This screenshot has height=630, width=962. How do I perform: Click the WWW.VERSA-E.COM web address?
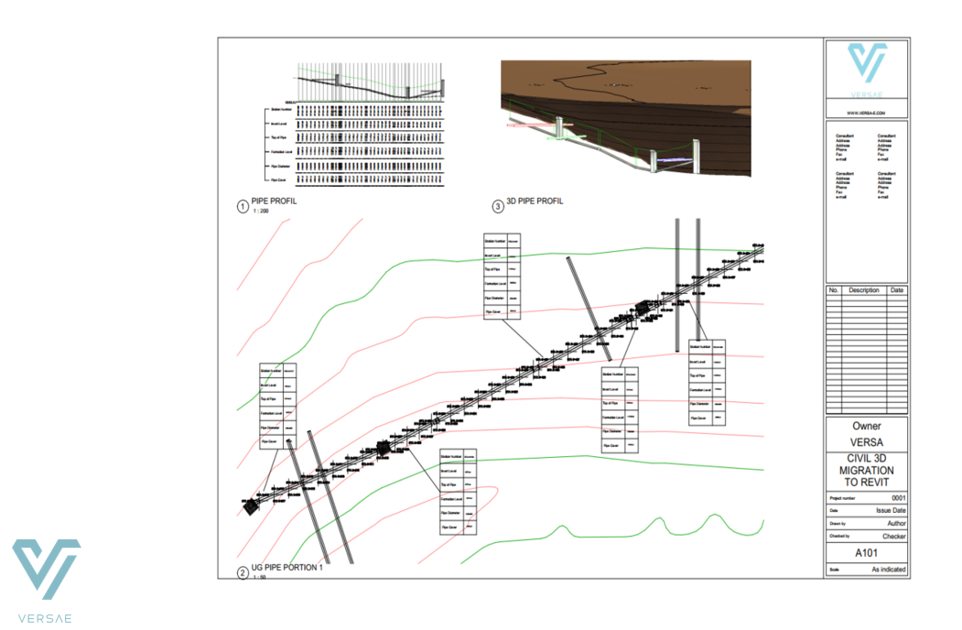866,113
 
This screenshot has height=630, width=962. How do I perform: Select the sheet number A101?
867,553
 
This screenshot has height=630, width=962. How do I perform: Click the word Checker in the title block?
893,536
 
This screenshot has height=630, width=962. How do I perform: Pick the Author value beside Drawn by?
895,523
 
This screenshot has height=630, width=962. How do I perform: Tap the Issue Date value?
891,511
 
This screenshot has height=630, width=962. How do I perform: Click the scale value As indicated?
888,570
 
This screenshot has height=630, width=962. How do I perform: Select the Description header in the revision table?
863,290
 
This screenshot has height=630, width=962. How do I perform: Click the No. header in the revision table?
833,290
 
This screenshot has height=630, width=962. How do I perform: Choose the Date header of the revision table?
896,290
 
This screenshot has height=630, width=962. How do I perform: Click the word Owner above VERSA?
867,426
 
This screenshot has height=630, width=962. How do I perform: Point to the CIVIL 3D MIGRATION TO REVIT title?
867,470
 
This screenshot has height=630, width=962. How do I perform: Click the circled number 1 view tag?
243,206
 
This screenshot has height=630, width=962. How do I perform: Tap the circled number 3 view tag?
498,206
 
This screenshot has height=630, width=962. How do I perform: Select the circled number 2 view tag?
243,573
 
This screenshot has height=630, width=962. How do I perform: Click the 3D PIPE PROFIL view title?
535,201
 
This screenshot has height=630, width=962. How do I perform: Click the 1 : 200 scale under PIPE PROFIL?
260,212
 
